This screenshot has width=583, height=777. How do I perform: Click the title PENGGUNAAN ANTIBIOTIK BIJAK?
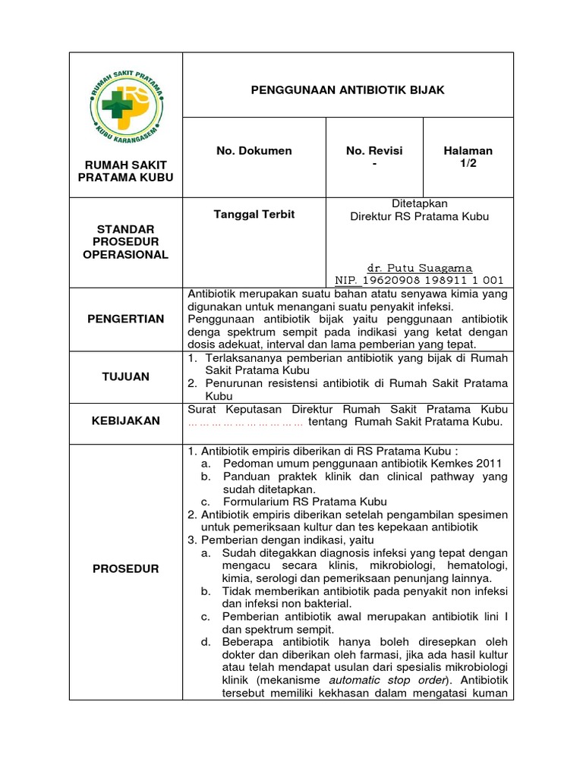pyautogui.click(x=348, y=90)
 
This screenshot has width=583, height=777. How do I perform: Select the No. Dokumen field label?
pyautogui.click(x=254, y=151)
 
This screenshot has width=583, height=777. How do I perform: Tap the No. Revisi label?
pyautogui.click(x=374, y=151)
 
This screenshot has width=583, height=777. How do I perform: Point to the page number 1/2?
pyautogui.click(x=468, y=164)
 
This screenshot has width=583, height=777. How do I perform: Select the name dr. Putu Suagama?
pyautogui.click(x=419, y=268)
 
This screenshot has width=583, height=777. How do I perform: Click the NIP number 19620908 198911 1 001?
pyautogui.click(x=419, y=280)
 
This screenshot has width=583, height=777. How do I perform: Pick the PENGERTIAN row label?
pyautogui.click(x=125, y=319)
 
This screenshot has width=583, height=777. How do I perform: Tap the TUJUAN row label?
pyautogui.click(x=125, y=376)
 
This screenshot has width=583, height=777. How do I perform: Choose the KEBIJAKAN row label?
pyautogui.click(x=125, y=420)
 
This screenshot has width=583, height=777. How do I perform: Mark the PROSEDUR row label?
pyautogui.click(x=125, y=568)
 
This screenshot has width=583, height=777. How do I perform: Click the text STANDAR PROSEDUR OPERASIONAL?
pyautogui.click(x=125, y=241)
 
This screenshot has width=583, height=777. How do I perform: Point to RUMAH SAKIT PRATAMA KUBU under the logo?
pyautogui.click(x=125, y=171)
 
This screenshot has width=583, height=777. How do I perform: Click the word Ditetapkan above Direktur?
pyautogui.click(x=419, y=203)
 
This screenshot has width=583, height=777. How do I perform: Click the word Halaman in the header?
pyautogui.click(x=468, y=151)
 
